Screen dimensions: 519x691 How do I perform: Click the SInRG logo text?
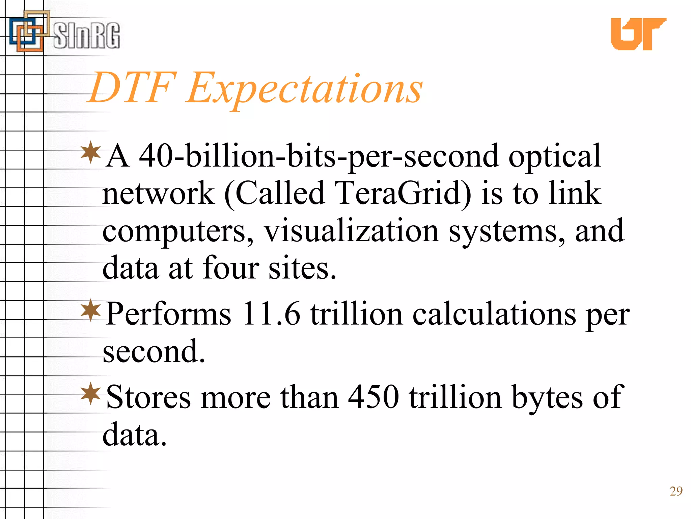point(86,35)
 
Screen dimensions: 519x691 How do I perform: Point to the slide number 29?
point(676,491)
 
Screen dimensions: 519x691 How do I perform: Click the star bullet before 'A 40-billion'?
point(91,153)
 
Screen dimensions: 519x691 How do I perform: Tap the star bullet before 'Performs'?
point(91,310)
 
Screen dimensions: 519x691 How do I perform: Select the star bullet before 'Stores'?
point(91,393)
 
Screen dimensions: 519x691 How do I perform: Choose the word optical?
point(555,156)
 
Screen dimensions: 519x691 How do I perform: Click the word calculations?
point(494,314)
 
